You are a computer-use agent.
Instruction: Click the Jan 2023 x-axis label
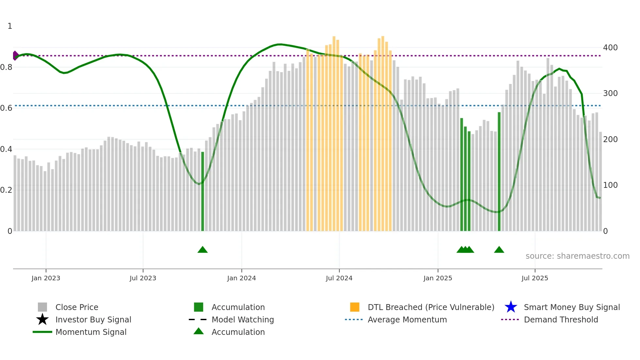coord(46,278)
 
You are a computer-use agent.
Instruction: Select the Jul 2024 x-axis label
coord(339,278)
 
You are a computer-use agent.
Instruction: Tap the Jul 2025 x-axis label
coord(535,278)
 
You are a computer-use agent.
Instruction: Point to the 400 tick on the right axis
coord(610,48)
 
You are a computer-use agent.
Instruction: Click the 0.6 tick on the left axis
coord(6,108)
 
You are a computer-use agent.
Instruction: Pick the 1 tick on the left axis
coord(10,26)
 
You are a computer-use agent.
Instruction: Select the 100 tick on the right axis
coord(610,185)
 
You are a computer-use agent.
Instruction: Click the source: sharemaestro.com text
coord(577,256)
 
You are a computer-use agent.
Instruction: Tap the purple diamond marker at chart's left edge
coord(15,56)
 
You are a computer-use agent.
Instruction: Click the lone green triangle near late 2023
coord(202,250)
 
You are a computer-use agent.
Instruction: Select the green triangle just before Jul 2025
coord(499,250)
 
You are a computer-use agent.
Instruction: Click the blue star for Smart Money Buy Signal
coord(511,307)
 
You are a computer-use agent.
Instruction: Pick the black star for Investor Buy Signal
coord(42,319)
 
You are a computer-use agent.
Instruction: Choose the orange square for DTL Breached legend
coord(355,307)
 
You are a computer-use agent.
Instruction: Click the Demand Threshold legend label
coord(561,319)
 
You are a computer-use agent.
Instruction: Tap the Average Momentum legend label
coord(407,319)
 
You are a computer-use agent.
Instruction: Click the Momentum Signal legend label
coord(91,332)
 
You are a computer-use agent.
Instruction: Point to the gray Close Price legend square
coord(42,307)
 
